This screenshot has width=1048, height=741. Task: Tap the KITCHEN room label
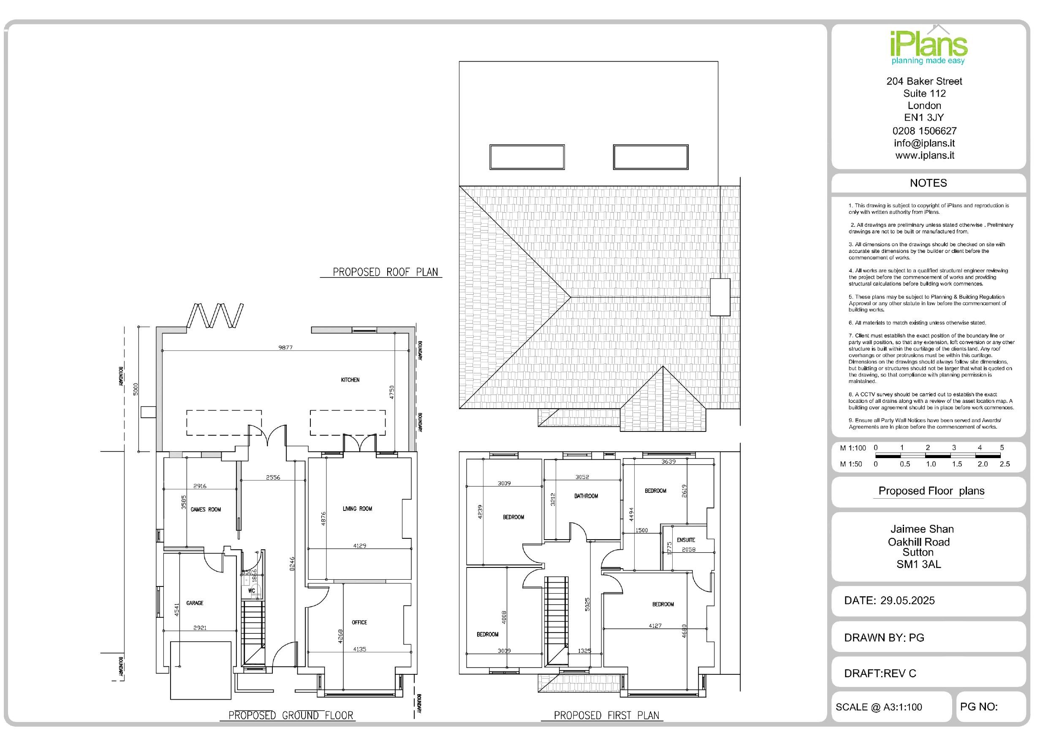coord(350,380)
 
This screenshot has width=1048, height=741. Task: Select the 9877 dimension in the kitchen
coord(285,347)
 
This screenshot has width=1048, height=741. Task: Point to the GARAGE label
coord(195,603)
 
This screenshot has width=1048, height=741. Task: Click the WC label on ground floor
coord(252,591)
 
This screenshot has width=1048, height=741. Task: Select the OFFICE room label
coord(359,622)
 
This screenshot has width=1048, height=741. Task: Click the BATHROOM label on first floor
coord(586,496)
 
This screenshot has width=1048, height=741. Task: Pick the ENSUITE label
coord(686,540)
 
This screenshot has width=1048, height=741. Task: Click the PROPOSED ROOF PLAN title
coord(385,272)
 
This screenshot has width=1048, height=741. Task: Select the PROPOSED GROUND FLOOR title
coord(291,715)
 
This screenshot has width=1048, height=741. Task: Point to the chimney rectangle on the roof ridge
coord(720,297)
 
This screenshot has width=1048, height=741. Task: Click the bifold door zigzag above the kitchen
coord(215,315)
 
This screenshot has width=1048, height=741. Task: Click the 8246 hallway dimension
coord(292,563)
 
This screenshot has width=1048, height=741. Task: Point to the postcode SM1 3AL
coord(918,565)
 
